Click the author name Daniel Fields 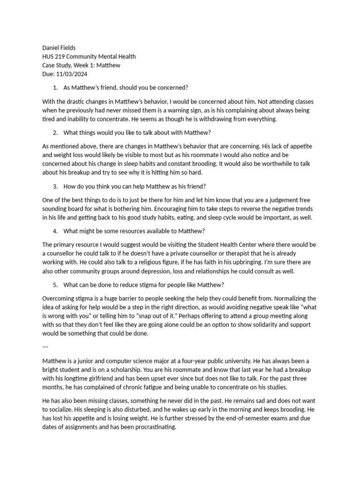click(x=59, y=48)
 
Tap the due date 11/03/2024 click(x=72, y=74)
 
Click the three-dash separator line click(x=45, y=346)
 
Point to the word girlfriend click(x=112, y=379)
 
